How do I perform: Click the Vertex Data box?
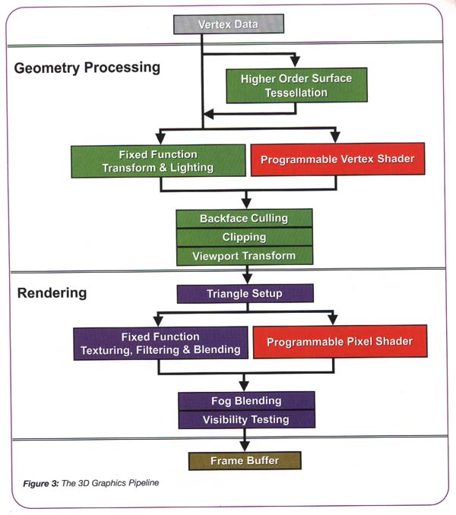228,24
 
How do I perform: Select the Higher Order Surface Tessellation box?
296,85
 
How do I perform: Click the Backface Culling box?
244,218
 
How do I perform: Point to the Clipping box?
244,237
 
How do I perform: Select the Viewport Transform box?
244,256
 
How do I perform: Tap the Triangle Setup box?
244,293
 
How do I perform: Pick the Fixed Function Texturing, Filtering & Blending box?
160,343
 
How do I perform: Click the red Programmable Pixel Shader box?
339,342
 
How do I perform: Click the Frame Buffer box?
244,460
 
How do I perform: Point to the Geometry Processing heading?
87,67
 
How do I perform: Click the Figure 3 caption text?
90,483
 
